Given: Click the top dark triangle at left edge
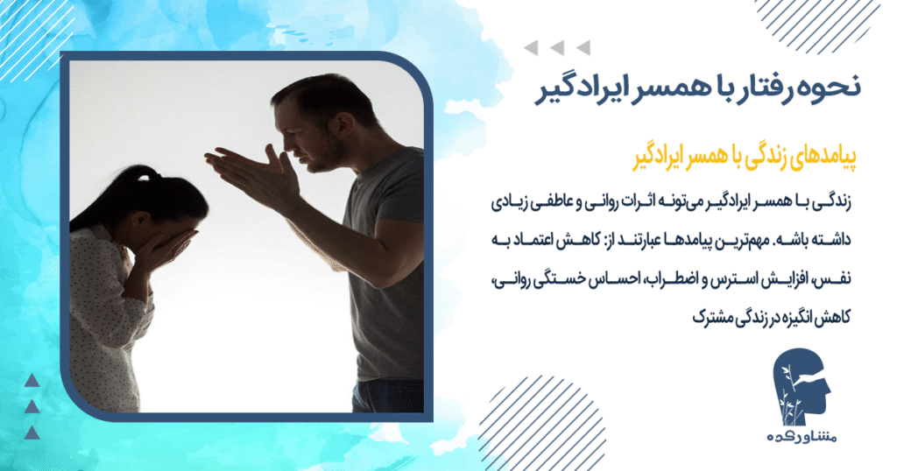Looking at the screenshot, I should (x=32, y=380).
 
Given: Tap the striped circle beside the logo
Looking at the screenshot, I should (x=526, y=420).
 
